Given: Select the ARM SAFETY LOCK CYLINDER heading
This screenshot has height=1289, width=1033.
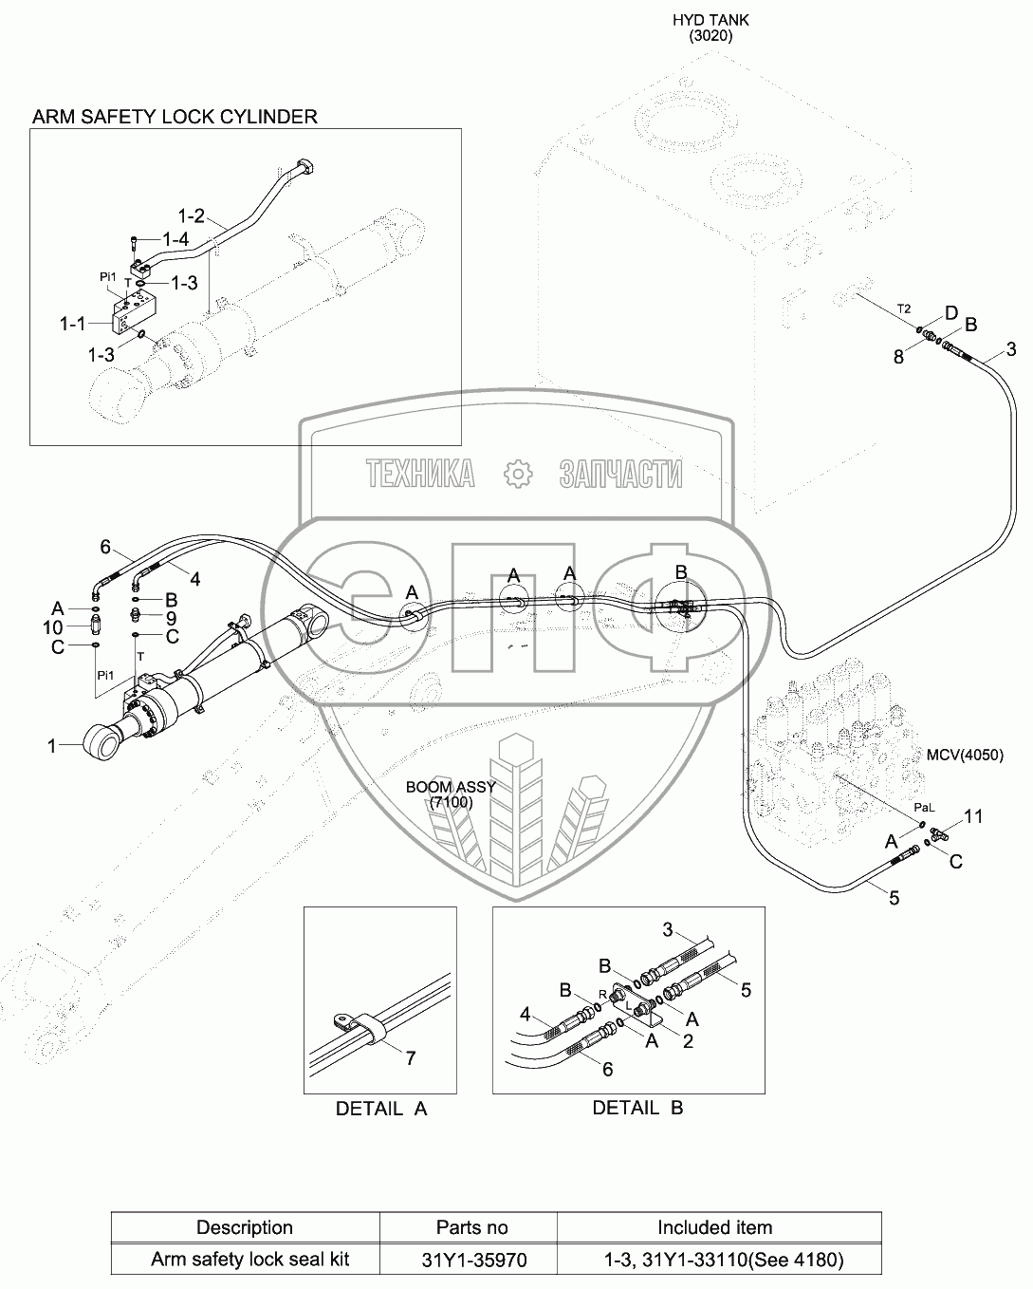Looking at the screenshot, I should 175,117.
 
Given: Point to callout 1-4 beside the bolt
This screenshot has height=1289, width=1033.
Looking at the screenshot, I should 175,239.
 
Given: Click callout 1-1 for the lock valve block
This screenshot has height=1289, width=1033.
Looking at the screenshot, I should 74,324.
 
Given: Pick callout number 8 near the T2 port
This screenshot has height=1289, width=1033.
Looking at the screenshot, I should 898,357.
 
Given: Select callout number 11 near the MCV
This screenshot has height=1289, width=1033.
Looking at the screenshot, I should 973,816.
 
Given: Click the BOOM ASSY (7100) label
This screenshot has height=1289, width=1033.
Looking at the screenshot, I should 439,794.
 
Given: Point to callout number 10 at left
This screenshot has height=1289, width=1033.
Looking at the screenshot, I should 53,627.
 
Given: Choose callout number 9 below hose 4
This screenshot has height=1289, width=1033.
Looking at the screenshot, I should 172,617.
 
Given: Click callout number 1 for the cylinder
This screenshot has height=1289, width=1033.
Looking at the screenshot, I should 53,747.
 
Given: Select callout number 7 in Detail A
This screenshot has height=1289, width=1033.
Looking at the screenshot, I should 411,1057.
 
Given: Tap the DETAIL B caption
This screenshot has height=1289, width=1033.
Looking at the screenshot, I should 637,1108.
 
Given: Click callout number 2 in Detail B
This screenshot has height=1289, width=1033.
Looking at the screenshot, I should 688,1041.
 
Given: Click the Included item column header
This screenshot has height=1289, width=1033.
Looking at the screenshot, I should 714,1227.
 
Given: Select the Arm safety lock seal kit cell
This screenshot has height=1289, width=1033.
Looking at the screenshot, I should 250,1260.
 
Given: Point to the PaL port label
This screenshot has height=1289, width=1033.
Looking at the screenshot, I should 924,808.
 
